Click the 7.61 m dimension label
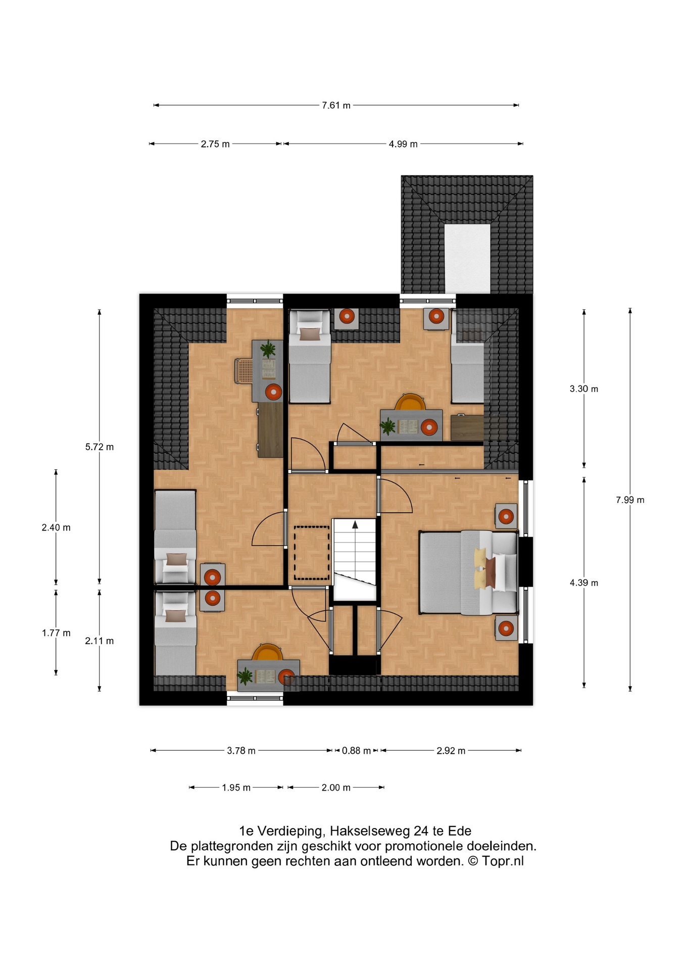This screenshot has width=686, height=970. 336,106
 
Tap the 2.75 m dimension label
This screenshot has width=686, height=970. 215,144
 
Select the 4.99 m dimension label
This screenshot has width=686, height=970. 403,144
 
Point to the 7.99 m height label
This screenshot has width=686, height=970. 630,500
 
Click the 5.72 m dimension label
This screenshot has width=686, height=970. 100,447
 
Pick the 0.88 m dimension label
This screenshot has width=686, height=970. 356,751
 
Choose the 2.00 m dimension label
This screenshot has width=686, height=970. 336,788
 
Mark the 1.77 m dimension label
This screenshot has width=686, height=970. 56,633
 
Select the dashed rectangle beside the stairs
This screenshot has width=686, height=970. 312,553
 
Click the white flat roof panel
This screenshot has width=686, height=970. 467,258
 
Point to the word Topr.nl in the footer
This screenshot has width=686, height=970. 503,861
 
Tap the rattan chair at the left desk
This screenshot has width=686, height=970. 243,371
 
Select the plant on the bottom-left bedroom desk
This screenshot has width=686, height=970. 246,676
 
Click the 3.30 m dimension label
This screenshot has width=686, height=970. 584,389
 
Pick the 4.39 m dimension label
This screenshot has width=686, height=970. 584,583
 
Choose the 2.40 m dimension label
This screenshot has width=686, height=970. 56,528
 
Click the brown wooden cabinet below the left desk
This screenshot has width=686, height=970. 270,429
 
